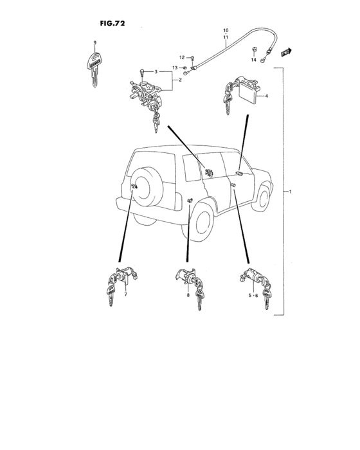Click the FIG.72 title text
pyautogui.click(x=112, y=23)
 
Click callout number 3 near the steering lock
pyautogui.click(x=155, y=71)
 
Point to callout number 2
pyautogui.click(x=180, y=80)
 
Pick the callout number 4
pyautogui.click(x=266, y=96)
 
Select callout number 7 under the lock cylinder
pyautogui.click(x=125, y=294)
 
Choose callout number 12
pyautogui.click(x=182, y=58)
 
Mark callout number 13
pyautogui.click(x=175, y=68)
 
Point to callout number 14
pyautogui.click(x=253, y=60)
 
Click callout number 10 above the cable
pyautogui.click(x=226, y=31)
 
